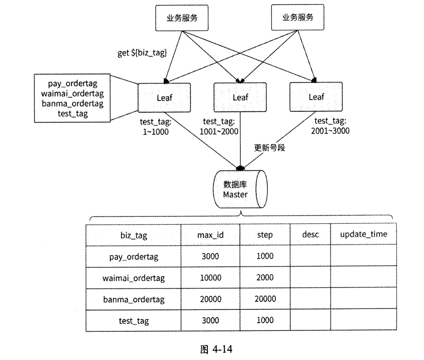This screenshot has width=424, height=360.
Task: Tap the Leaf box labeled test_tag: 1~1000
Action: tap(163, 97)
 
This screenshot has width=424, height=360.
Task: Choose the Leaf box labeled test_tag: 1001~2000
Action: tap(239, 97)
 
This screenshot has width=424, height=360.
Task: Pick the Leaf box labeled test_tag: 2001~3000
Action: tap(316, 97)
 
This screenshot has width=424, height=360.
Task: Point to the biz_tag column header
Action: tap(133, 235)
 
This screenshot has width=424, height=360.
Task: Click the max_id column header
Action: tap(210, 235)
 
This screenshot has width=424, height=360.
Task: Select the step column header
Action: tap(265, 235)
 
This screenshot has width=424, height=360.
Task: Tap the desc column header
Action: tap(310, 234)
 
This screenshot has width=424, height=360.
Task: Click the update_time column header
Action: tap(364, 234)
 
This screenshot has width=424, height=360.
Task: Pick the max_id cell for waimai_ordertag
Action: tap(210, 278)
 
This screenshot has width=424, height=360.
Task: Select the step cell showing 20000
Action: tap(265, 299)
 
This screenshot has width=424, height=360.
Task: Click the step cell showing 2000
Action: tap(265, 278)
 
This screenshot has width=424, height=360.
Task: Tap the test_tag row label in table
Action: tap(133, 321)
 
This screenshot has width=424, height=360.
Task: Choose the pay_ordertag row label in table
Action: tap(133, 256)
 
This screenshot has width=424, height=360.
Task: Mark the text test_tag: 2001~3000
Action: tap(329, 126)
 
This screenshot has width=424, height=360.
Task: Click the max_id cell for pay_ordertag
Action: tap(210, 256)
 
